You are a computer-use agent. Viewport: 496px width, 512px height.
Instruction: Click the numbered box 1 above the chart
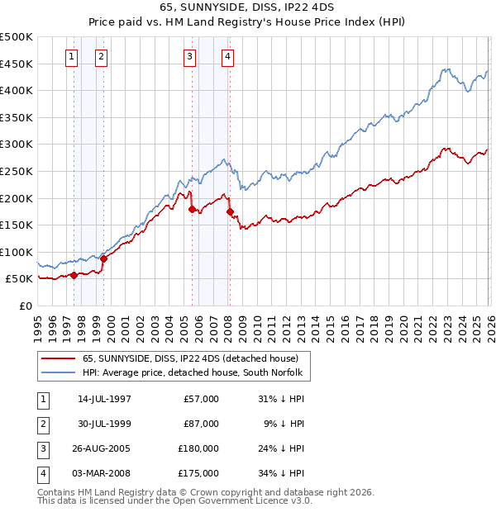pyautogui.click(x=72, y=57)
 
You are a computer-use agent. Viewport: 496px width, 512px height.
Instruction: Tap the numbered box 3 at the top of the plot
pyautogui.click(x=190, y=57)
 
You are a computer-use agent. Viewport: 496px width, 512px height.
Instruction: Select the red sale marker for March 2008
pyautogui.click(x=229, y=211)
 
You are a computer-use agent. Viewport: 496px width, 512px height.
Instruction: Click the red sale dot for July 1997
pyautogui.click(x=74, y=275)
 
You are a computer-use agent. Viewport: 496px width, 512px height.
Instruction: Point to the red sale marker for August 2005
pyautogui.click(x=192, y=209)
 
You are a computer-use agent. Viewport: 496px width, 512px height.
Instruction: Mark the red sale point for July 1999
pyautogui.click(x=104, y=259)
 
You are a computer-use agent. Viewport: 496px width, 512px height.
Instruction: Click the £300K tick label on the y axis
pyautogui.click(x=17, y=145)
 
